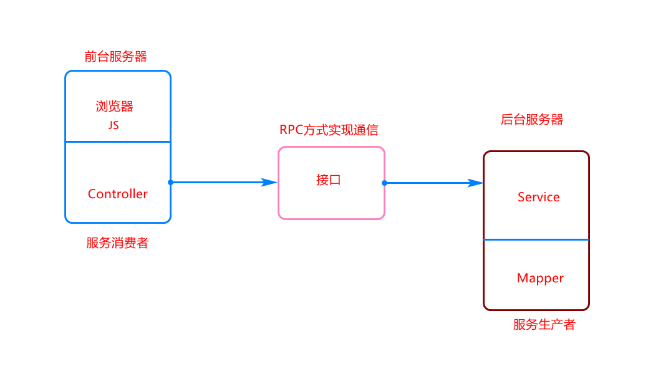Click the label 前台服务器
(116, 57)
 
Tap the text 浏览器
(115, 106)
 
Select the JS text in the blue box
(114, 125)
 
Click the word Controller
(118, 194)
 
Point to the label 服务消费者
(117, 244)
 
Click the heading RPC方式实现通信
(329, 130)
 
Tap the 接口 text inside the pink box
(329, 181)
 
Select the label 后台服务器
(532, 120)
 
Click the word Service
(538, 197)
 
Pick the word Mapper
(540, 278)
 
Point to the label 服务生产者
(544, 325)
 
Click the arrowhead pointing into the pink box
(271, 182)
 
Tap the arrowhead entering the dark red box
(476, 183)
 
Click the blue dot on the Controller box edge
(170, 182)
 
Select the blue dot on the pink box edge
(384, 183)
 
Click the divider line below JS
(118, 141)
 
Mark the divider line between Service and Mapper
(536, 239)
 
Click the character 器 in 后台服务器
(557, 120)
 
